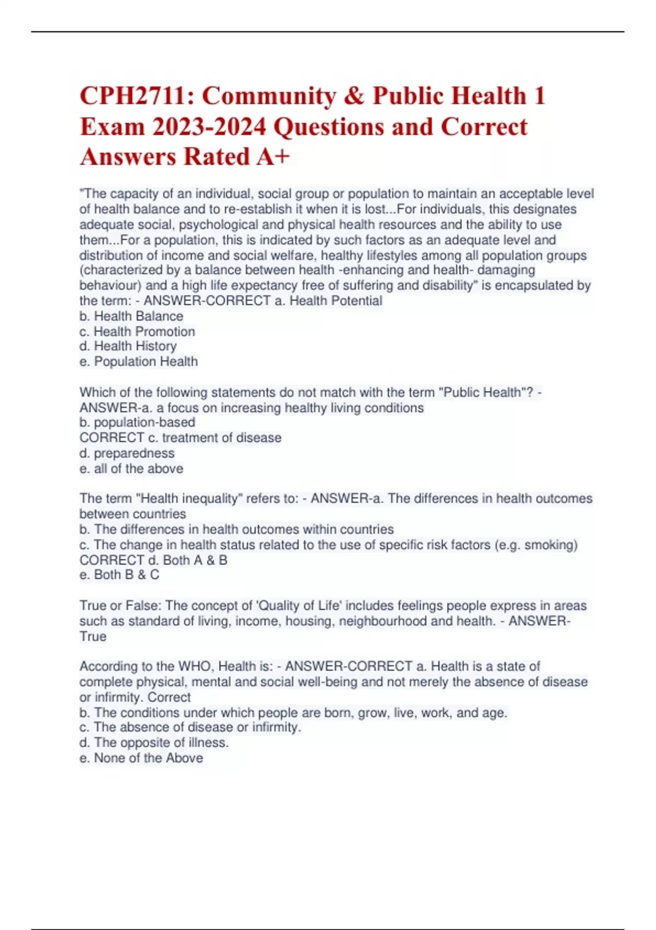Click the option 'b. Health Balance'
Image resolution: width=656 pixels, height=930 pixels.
pyautogui.click(x=131, y=316)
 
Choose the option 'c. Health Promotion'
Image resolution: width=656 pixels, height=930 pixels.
pyautogui.click(x=137, y=332)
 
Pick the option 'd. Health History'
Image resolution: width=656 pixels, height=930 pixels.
pyautogui.click(x=128, y=346)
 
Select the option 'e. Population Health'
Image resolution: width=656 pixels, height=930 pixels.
pyautogui.click(x=139, y=362)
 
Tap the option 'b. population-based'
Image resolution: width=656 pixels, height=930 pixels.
pyautogui.click(x=137, y=422)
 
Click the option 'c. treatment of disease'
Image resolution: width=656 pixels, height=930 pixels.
pyautogui.click(x=214, y=438)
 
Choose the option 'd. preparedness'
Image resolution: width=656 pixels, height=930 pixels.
pyautogui.click(x=127, y=453)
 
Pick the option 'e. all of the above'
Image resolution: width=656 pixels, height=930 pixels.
pyautogui.click(x=131, y=468)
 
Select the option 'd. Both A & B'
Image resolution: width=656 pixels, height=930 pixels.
pyautogui.click(x=187, y=560)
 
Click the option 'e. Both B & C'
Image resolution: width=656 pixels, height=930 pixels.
pyautogui.click(x=120, y=575)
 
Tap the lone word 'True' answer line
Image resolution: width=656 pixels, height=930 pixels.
pyautogui.click(x=93, y=636)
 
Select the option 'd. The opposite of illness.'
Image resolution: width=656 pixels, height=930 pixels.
pyautogui.click(x=154, y=742)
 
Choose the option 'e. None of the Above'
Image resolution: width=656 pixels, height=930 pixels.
pyautogui.click(x=141, y=758)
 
